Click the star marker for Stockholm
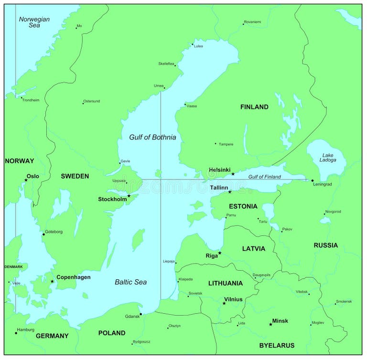tap(129, 196)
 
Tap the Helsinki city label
tap(219, 170)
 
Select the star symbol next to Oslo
tap(26, 180)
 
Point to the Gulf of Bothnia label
tap(152, 137)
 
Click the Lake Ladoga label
tap(328, 157)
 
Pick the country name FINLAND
tap(254, 107)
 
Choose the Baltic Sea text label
tap(130, 282)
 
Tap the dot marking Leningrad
tap(312, 180)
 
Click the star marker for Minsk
tap(270, 325)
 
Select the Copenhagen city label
tap(73, 277)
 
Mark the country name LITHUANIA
tap(225, 283)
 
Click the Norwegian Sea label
tap(34, 22)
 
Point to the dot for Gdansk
tap(140, 314)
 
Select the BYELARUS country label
tap(277, 345)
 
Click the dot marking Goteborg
tap(43, 234)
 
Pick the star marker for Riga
tap(220, 253)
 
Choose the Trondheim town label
tap(31, 100)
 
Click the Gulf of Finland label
tap(264, 177)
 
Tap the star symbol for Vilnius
tap(224, 303)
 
